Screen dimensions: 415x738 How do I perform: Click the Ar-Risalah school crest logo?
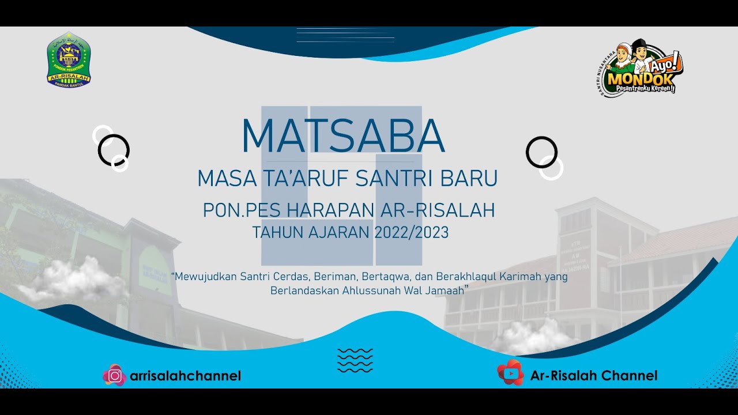click(x=69, y=59)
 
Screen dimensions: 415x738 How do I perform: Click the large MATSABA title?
click(x=343, y=137)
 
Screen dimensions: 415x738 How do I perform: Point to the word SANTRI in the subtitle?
click(x=387, y=179)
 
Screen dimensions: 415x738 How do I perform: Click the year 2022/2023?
click(x=411, y=233)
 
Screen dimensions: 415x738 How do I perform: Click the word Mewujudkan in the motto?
click(x=204, y=277)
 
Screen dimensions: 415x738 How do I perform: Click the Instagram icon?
click(x=115, y=376)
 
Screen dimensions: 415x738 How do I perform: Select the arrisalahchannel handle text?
click(x=185, y=376)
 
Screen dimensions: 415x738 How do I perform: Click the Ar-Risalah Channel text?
click(x=594, y=376)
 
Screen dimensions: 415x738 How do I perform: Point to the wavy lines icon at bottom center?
click(x=355, y=361)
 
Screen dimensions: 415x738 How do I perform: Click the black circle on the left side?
click(x=114, y=150)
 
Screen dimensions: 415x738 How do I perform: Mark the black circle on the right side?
click(x=541, y=152)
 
